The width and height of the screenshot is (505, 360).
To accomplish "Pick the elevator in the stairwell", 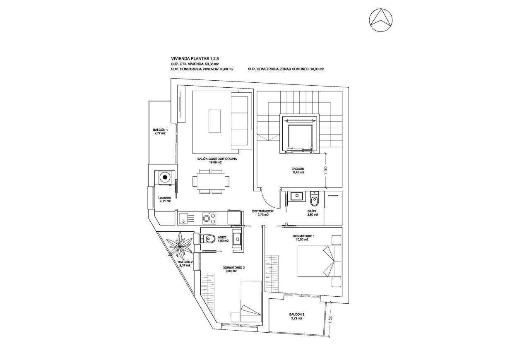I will pos(300,134).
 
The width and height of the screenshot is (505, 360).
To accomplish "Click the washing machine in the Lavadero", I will pos(165,178).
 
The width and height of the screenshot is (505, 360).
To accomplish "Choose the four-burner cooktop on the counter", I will pos(209,217).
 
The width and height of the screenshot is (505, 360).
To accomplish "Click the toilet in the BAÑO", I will pos(314,201).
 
